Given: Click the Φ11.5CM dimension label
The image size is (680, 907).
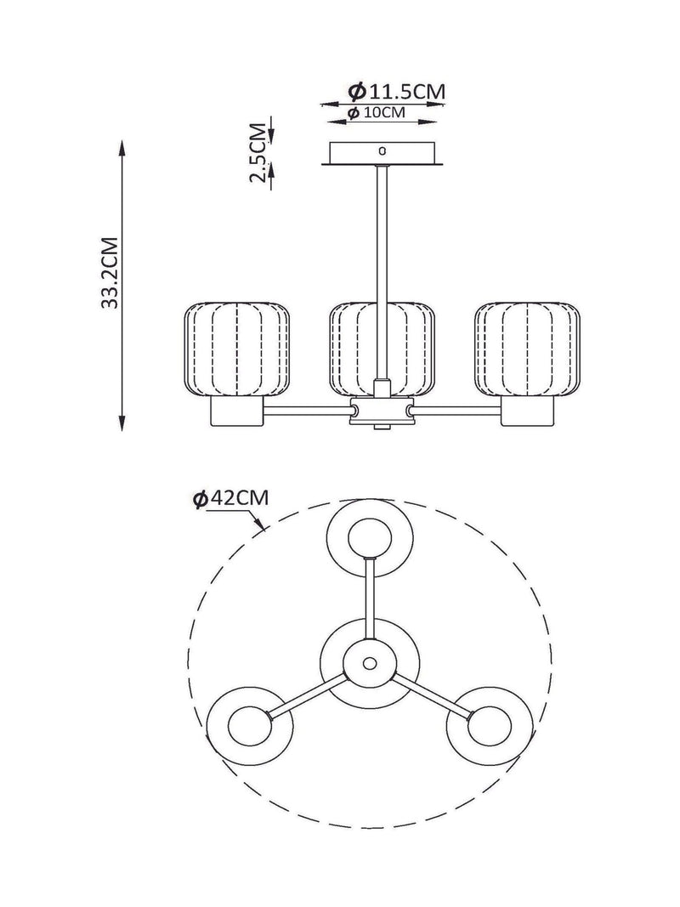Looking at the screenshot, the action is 397,91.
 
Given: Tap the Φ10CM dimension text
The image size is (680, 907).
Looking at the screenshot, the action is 377,112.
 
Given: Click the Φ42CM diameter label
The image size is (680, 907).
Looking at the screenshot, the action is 231,498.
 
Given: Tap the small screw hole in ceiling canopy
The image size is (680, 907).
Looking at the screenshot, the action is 381,151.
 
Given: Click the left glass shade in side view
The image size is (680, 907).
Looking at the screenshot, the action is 236,349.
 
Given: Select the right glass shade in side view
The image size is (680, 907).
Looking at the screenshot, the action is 527,349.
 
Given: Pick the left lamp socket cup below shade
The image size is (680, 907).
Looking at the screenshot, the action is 236,411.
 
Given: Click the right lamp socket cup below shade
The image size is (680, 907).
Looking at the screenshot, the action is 527,411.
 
